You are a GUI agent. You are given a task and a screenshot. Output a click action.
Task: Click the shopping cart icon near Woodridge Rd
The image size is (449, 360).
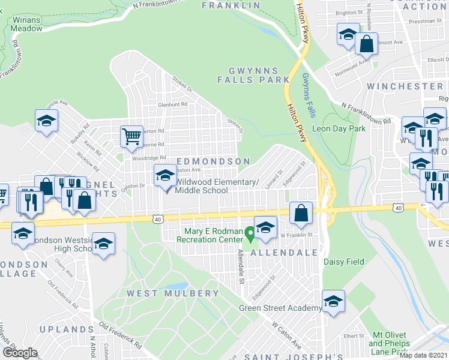tap(131, 135)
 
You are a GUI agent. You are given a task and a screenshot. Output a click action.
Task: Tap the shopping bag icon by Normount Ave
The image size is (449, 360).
tap(366, 43)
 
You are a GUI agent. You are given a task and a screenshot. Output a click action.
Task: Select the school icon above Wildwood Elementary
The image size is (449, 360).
tap(165, 175)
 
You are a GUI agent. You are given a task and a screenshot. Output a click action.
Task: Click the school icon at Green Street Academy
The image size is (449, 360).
tap(333, 301)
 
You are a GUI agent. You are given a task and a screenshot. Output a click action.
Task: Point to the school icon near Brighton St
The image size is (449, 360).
tap(348, 34)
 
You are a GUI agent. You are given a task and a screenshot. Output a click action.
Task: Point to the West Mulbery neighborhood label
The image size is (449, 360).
tap(173, 293)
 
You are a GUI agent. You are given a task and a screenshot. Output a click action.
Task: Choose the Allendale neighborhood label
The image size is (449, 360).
tap(283, 253)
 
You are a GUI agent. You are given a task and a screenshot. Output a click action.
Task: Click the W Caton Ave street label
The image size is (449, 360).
tap(286, 334)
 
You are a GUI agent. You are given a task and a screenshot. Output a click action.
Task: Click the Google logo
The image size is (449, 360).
tap(20, 352)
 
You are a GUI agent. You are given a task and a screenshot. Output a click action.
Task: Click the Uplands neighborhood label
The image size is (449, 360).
tap(66, 329)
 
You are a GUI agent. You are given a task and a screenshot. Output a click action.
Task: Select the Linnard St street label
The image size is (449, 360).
tap(274, 179)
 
